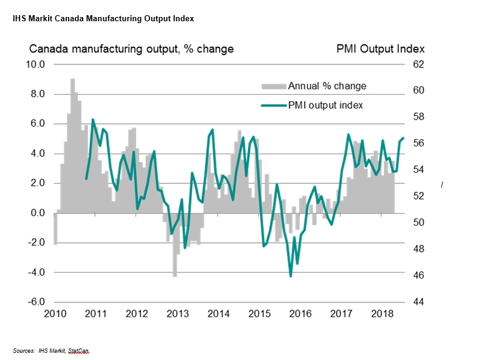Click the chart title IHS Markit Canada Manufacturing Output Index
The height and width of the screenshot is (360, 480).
coord(103,19)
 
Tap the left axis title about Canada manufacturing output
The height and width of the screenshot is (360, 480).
coord(131,49)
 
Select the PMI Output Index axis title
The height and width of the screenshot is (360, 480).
coord(380,49)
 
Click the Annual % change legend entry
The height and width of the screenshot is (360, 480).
coord(331,86)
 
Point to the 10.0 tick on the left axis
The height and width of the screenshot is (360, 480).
coord(35,64)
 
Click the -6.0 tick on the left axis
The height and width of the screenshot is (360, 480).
coord(34,302)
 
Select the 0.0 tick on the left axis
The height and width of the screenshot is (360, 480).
coord(36,213)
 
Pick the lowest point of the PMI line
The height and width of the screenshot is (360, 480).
coord(290,276)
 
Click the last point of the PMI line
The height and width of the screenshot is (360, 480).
coord(403,138)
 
